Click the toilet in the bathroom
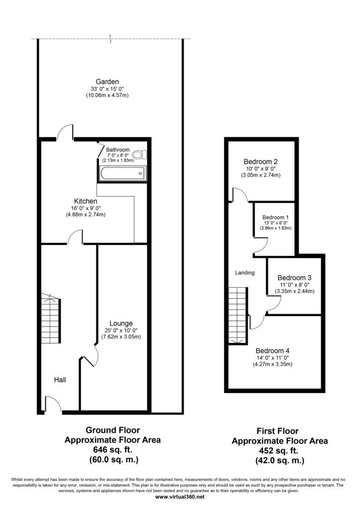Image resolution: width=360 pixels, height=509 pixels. pos(140,155)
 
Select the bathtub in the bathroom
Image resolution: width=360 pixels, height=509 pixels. pos(123,173)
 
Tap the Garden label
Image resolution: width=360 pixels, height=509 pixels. pos(107,82)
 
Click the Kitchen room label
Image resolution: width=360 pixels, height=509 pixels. pos(86,201)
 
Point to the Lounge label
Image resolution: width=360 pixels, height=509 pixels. pos(121,323)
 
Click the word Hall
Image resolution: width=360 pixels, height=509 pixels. pos(60,380)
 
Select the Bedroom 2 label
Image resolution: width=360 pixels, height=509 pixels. pos(261,162)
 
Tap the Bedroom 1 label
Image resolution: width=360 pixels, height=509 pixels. pos(275,217)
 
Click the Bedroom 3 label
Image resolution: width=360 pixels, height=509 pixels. pos(294,277)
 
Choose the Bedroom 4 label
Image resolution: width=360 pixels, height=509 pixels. pos(272,350)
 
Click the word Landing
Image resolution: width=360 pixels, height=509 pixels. pos(245,273)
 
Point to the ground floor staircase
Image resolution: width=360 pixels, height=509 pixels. pos(51,318)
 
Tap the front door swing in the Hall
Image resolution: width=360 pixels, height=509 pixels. pos(53,405)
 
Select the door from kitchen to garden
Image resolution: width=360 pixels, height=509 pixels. pos(65,132)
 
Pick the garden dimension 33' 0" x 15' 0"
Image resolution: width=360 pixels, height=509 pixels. pos(107,88)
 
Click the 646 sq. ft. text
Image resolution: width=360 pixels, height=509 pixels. pos(113,449)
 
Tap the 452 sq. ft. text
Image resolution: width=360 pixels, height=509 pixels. pos(278,450)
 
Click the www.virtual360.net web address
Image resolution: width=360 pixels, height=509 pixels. pos(180,497)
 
